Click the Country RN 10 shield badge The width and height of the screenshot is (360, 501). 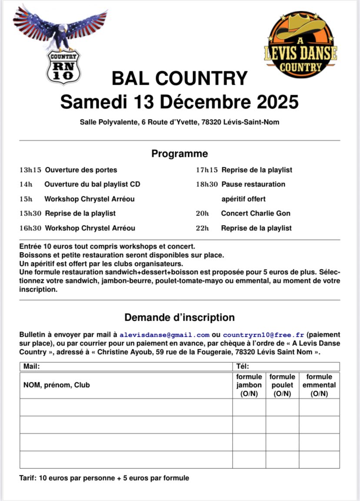tap(63, 66)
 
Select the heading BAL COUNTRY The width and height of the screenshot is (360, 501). tap(180, 79)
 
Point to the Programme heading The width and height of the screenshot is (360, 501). tap(180, 154)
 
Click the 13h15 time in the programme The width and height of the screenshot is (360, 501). tap(30, 170)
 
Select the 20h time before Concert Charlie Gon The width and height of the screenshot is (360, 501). tap(202, 213)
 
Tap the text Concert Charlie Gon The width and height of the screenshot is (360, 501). tap(256, 213)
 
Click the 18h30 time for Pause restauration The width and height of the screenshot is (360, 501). tap(207, 184)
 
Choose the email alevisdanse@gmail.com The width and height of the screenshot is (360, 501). tap(164, 335)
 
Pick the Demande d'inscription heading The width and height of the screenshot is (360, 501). tap(180, 317)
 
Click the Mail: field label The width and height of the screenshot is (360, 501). tap(31, 366)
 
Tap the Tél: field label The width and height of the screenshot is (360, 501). tap(242, 366)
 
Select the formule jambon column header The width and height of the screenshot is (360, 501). tap(249, 385)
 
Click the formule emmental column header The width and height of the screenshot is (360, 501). tap(319, 385)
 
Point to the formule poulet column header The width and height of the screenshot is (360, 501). tap(282, 385)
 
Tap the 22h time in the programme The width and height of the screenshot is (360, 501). tap(202, 228)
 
